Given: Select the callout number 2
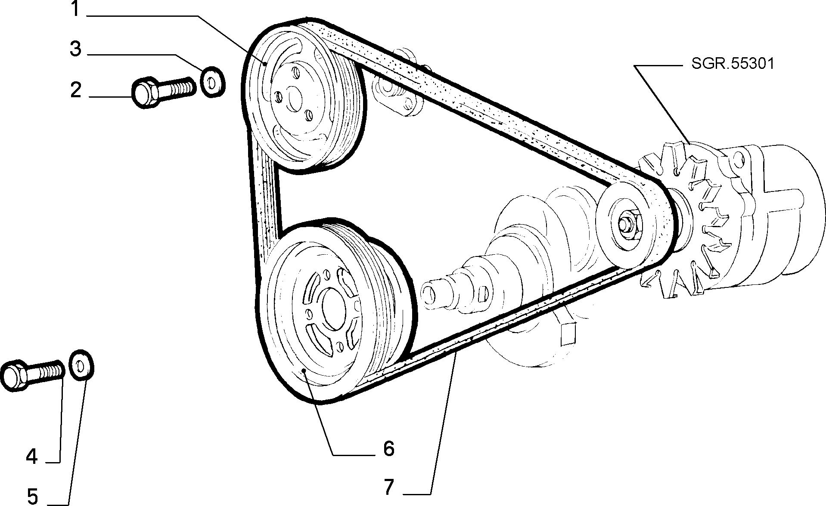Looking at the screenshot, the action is point(76,90).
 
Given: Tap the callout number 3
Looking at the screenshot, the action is point(75,49).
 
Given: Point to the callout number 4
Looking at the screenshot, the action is point(32,456).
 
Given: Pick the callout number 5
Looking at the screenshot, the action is point(33,496).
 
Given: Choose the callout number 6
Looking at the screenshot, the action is point(388,449).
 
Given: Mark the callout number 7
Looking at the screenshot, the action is point(388,487).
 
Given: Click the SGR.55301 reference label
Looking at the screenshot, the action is point(733,64).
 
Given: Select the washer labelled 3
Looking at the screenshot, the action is point(212,82).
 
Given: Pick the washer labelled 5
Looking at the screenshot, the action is point(81,366).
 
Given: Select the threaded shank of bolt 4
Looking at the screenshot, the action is point(45,371).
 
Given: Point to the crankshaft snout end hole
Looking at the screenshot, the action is point(428,293).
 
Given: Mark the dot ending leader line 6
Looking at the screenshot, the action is point(304,370).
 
